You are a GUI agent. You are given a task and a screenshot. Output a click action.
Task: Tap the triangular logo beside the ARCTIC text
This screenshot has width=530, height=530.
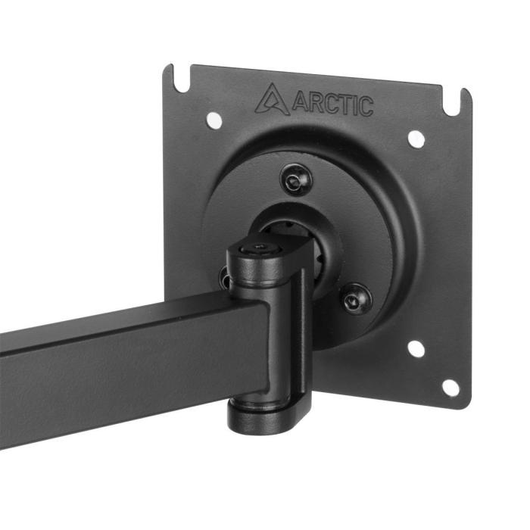click(x=271, y=100)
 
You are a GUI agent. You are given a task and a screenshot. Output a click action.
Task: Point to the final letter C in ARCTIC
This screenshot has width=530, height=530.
click(x=366, y=107)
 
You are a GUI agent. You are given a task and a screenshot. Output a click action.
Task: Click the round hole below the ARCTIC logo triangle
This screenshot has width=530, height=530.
click(x=214, y=119)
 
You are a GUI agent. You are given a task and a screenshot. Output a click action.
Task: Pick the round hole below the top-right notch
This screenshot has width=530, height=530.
click(x=416, y=139)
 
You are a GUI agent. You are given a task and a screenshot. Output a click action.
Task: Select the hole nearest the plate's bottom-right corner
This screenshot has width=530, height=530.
click(x=450, y=388)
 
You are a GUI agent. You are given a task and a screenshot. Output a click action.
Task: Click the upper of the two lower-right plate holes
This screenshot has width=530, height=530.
click(x=415, y=348)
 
